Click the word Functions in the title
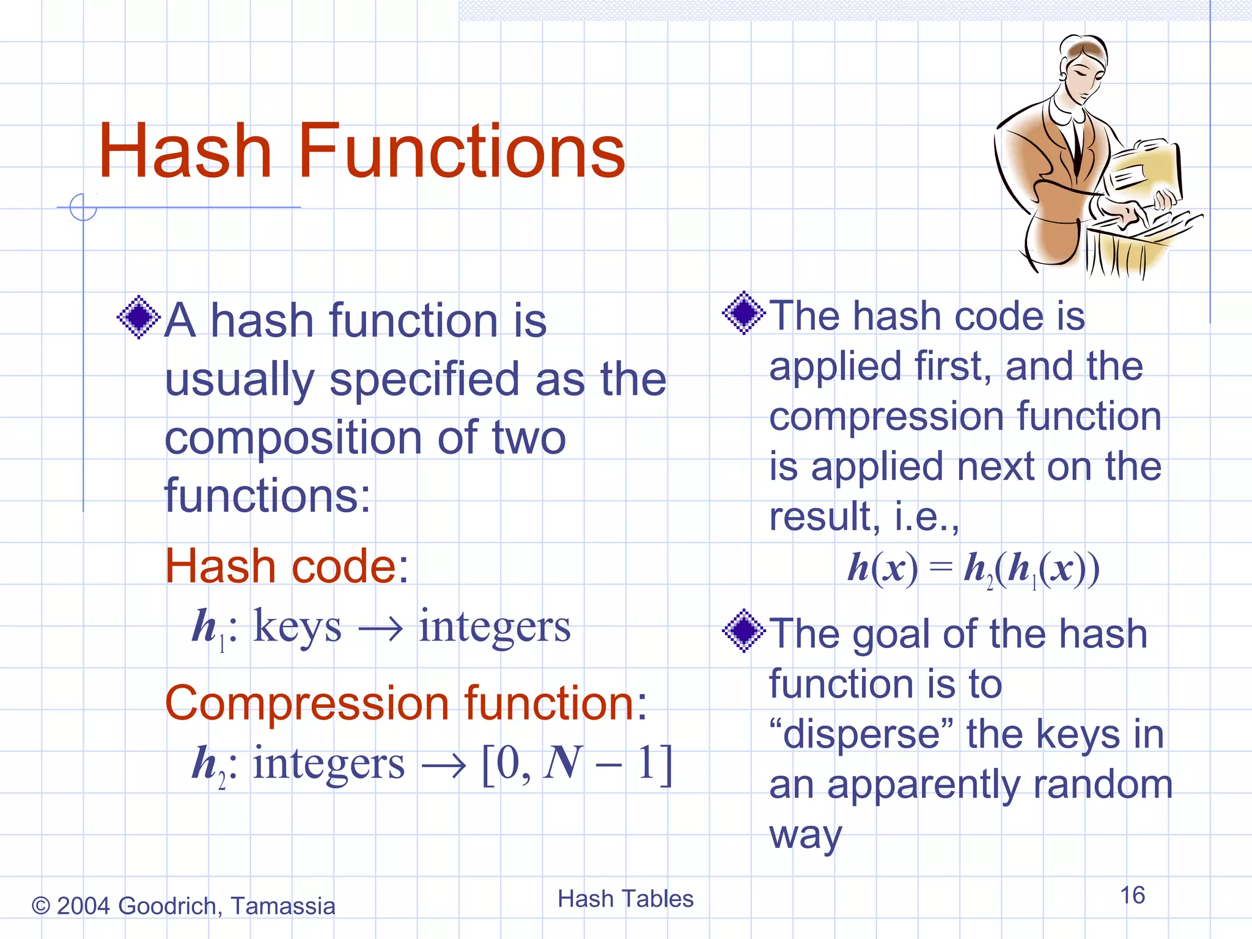pos(462,151)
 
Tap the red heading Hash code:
pos(286,566)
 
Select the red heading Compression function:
pos(406,704)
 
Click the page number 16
pos(1132,895)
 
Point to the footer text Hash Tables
pos(625,899)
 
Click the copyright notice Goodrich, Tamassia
pos(183,906)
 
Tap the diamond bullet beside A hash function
pos(139,317)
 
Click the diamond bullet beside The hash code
pos(743,313)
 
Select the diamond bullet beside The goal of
pos(743,630)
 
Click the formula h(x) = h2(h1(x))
pos(973,569)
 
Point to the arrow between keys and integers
pos(380,629)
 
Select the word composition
pos(293,438)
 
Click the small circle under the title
pos(83,207)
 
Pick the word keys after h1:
pos(297,627)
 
